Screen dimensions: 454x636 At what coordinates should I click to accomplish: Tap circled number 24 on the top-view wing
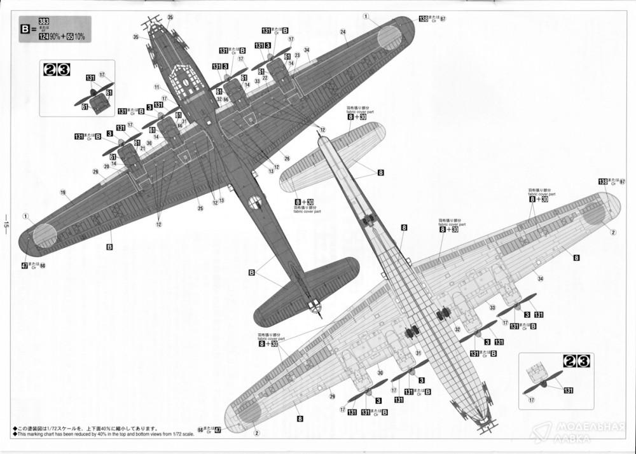(343, 32)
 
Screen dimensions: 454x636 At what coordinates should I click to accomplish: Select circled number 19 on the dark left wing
(63, 192)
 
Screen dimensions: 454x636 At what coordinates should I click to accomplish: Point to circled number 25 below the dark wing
(200, 208)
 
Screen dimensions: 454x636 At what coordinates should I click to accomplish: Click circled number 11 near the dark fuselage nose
(156, 87)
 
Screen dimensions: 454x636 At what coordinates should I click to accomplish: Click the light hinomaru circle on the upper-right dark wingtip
(389, 38)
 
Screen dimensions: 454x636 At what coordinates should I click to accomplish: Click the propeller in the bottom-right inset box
(543, 382)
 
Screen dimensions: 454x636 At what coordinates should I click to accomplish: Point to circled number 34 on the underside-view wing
(541, 279)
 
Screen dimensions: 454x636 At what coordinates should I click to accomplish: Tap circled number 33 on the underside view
(492, 307)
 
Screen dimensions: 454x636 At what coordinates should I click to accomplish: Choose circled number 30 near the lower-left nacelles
(380, 373)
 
